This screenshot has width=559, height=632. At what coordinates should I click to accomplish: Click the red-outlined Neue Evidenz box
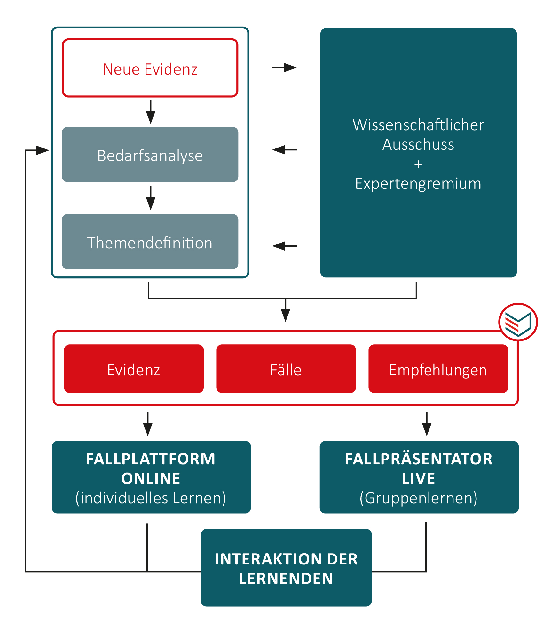(x=150, y=68)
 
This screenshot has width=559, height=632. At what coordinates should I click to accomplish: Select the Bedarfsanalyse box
(x=150, y=155)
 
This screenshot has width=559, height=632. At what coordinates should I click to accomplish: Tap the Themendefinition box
(x=150, y=242)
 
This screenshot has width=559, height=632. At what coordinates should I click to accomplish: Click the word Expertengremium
(x=418, y=184)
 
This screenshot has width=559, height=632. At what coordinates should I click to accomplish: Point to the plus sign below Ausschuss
(x=418, y=164)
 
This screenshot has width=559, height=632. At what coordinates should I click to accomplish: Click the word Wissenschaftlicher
(x=418, y=125)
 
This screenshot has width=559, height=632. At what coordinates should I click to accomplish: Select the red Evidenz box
(x=134, y=369)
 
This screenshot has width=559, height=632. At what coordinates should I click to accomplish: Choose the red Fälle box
(x=286, y=369)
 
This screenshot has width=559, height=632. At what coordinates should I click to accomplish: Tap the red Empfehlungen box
(x=438, y=369)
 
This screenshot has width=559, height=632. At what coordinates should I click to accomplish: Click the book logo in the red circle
(x=518, y=322)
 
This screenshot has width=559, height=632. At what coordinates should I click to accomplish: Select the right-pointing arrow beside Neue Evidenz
(x=284, y=68)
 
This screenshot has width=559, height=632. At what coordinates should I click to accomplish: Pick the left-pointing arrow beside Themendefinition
(x=284, y=246)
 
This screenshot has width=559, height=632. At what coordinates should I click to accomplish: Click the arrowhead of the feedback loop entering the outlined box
(x=43, y=150)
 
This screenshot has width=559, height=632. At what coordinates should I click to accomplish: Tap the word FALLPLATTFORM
(x=151, y=459)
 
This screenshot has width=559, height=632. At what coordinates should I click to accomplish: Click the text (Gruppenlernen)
(x=418, y=498)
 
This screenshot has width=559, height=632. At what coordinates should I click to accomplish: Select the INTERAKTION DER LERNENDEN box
(x=286, y=568)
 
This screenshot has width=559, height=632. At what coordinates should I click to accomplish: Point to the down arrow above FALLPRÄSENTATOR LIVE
(x=427, y=425)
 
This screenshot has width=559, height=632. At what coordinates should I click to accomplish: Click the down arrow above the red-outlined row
(x=285, y=311)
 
